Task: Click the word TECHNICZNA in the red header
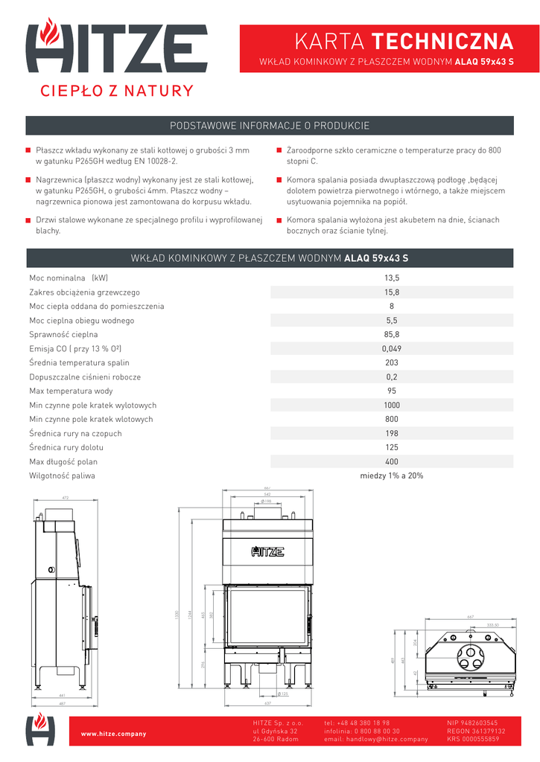pos(442,40)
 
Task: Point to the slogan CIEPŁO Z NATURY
pos(116,92)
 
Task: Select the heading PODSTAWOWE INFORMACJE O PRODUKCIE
pos(270,126)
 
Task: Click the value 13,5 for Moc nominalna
pos(392,278)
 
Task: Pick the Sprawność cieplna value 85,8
pos(392,335)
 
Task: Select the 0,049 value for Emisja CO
pos(392,349)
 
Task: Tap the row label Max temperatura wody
pos(71,391)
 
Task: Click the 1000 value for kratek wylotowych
pos(392,406)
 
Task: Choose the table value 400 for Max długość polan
pos(392,461)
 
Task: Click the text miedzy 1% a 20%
pos(392,476)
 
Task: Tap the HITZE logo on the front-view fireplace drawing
pos(267,551)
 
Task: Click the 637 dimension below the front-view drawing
pos(267,702)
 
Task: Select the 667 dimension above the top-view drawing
pos(470,617)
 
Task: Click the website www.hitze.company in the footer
pos(113,734)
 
